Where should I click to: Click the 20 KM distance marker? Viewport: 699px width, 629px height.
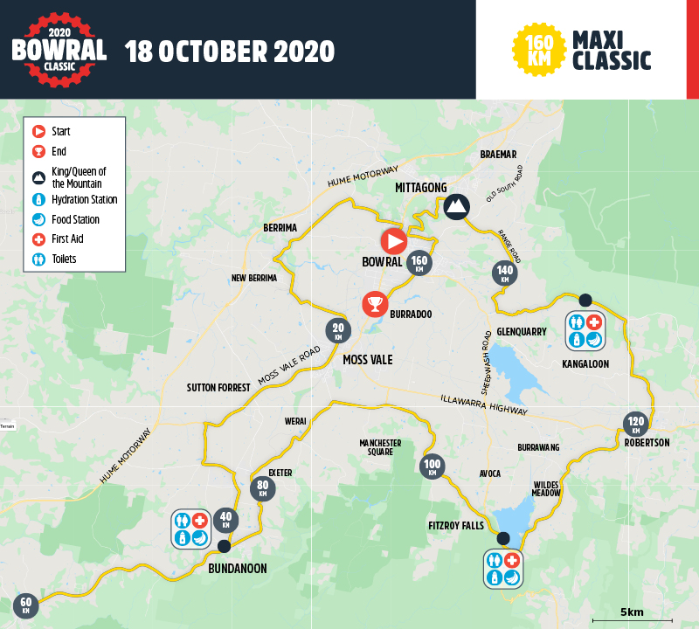(x=338, y=330)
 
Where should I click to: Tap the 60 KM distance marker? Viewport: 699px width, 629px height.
(x=25, y=605)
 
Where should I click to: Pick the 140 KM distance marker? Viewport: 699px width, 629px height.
(x=504, y=273)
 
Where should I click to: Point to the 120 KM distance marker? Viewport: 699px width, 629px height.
(x=635, y=425)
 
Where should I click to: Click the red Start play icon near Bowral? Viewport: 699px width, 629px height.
(x=394, y=240)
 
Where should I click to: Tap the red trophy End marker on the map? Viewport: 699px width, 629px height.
(x=375, y=304)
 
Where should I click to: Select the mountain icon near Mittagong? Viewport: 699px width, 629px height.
(x=455, y=206)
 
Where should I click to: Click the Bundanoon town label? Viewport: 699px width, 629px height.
(x=238, y=568)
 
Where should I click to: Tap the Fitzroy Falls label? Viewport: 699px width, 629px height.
(x=456, y=525)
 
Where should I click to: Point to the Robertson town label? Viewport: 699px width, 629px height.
(x=647, y=443)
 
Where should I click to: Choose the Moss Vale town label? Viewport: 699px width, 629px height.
(x=367, y=359)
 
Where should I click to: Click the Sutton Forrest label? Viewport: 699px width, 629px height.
(x=218, y=387)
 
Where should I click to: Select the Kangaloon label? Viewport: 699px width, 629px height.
(x=585, y=363)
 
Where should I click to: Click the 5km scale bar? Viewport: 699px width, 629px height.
(x=632, y=619)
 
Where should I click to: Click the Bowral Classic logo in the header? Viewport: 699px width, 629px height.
(x=59, y=48)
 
